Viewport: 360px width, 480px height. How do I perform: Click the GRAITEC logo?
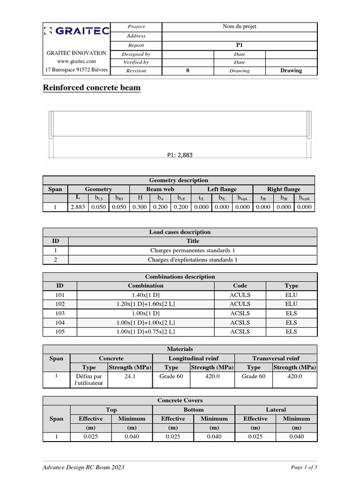pos(76,31)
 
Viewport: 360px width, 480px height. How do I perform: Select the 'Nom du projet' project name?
pos(239,27)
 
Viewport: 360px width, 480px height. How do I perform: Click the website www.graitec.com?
pos(76,61)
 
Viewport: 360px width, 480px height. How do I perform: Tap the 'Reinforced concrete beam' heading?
pos(91,88)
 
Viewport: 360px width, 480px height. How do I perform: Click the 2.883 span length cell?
pos(78,207)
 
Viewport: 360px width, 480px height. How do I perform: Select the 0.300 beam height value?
pos(140,207)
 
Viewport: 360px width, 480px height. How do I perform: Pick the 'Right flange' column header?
pos(284,189)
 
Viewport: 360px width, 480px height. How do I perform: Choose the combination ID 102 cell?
pos(60,304)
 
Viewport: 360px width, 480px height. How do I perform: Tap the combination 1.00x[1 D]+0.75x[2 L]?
pos(146,331)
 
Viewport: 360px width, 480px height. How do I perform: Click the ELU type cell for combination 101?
pos(291,295)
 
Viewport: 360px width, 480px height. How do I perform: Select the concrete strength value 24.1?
pos(130,376)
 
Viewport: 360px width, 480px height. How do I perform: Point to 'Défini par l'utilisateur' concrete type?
pos(89,380)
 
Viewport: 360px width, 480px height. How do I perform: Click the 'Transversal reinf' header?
pos(276,358)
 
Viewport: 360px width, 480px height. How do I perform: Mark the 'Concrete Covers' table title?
pos(180,401)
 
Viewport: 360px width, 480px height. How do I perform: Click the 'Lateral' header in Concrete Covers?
pos(276,410)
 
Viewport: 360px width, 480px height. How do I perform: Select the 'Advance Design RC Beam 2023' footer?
pos(84,467)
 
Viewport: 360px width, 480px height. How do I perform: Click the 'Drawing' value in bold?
pos(291,71)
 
